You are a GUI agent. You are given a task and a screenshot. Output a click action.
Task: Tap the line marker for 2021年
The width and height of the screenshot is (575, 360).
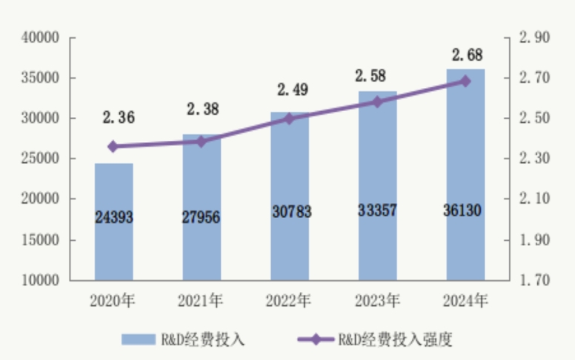point(201,141)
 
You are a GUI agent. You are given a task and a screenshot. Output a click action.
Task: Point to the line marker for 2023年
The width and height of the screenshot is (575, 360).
point(376,101)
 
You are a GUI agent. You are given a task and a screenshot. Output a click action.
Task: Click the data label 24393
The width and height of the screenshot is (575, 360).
point(113,217)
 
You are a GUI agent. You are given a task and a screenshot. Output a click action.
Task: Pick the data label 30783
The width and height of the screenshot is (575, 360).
point(289,212)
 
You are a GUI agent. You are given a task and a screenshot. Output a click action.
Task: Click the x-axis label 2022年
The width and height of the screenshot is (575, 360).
point(289,301)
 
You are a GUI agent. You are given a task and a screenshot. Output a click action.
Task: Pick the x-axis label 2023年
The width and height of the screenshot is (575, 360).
point(376,301)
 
